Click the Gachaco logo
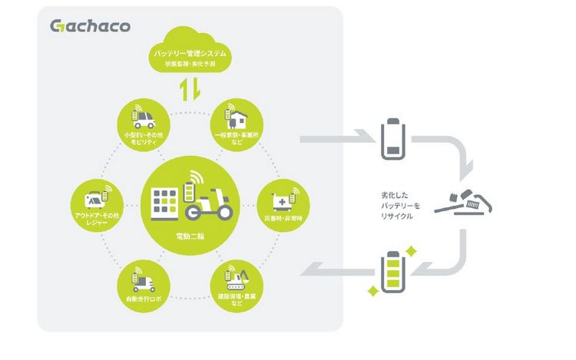tap(90, 26)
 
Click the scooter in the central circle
tap(213, 203)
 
